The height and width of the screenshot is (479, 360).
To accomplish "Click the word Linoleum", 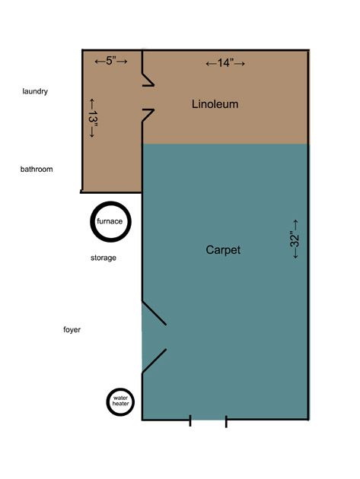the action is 215,104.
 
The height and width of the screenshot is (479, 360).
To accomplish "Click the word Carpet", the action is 223,250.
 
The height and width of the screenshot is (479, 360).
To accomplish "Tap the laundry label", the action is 35,91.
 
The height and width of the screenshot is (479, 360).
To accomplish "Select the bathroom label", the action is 37,170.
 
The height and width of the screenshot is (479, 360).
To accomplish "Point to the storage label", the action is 104,259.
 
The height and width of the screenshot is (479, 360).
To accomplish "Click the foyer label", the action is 72,330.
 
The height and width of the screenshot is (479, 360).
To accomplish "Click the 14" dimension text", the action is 225,63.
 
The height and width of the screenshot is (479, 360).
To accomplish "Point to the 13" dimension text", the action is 93,118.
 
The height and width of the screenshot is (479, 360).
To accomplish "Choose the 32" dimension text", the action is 295,239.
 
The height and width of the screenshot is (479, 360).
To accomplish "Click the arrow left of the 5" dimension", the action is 100,62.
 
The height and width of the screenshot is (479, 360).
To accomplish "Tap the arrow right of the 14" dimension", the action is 240,64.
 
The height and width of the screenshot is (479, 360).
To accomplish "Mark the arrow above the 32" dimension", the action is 295,225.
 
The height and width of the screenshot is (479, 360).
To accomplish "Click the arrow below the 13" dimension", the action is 91,132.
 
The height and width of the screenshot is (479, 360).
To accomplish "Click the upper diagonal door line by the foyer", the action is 155,312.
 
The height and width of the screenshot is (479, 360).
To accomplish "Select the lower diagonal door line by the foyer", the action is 155,361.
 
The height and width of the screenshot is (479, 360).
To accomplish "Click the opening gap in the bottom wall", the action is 208,420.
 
